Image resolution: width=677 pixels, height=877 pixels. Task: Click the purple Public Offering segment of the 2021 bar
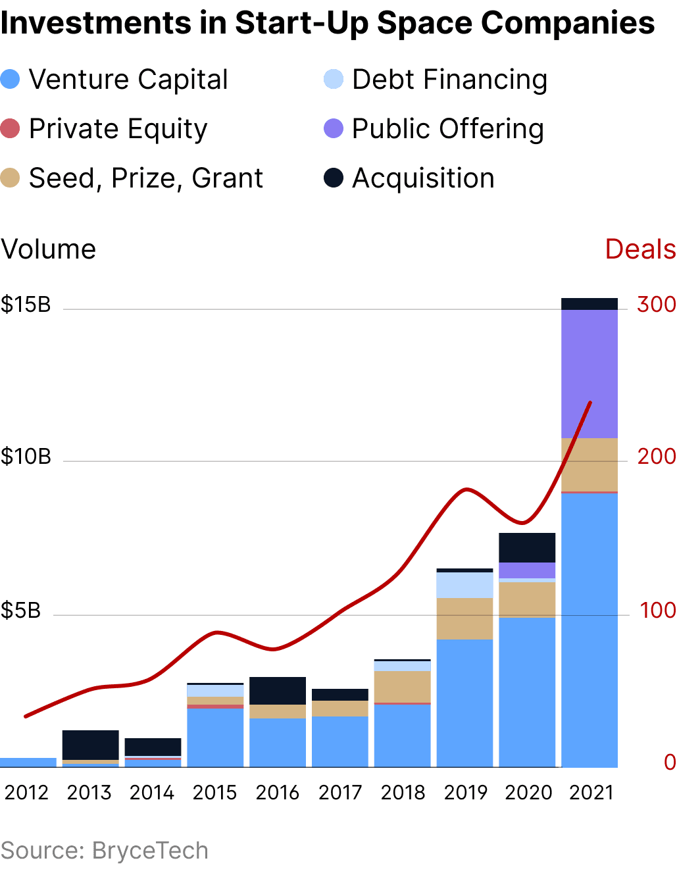tap(589, 373)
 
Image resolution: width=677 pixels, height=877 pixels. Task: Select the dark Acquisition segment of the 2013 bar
tap(90, 745)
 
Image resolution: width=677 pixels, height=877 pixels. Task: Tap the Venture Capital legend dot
tap(11, 80)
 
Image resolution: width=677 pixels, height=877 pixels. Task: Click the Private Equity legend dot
tap(11, 128)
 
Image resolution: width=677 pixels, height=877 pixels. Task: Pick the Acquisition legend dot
tap(334, 178)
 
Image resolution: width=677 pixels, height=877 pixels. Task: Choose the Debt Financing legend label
tap(449, 80)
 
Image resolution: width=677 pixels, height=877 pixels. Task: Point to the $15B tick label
tap(26, 305)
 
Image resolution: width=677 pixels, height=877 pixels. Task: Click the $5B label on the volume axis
tap(21, 611)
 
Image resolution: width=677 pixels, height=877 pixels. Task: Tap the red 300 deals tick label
tap(656, 304)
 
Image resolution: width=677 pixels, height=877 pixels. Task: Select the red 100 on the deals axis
tap(657, 611)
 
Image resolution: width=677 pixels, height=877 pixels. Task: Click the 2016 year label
tap(277, 792)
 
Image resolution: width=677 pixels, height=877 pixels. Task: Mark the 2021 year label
tap(591, 792)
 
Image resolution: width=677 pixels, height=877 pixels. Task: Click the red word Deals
tap(640, 249)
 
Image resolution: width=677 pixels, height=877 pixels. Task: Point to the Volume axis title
tap(49, 249)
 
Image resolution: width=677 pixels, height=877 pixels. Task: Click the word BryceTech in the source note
tap(150, 850)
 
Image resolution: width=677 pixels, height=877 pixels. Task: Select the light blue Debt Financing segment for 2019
tap(464, 585)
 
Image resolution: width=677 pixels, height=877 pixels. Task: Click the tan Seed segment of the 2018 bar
tap(402, 687)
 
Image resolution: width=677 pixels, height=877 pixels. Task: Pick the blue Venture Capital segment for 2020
tap(527, 691)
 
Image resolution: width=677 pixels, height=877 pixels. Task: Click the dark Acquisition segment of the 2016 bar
tap(277, 691)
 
